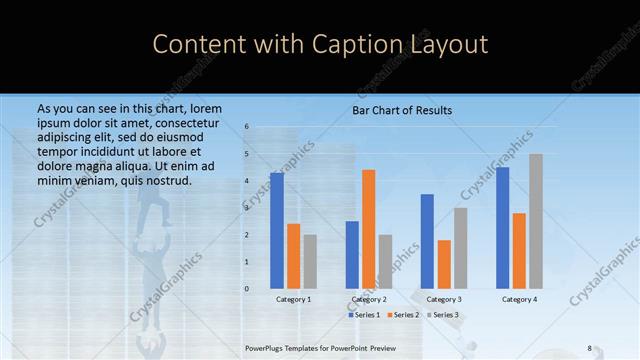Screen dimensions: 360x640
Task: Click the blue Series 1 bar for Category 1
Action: pos(276,231)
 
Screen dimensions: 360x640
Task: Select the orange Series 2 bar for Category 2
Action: pos(368,229)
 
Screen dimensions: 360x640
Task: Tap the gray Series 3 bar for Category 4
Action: pos(536,221)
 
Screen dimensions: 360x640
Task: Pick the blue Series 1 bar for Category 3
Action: pos(427,241)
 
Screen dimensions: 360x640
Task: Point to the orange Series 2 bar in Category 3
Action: pos(444,264)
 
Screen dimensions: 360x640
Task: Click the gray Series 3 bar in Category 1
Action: pos(310,261)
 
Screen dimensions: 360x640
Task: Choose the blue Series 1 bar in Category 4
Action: pos(502,228)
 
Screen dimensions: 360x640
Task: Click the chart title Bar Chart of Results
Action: pos(402,110)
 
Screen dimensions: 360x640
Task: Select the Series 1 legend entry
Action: pos(364,315)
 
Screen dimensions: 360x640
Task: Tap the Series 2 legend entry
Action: pos(403,315)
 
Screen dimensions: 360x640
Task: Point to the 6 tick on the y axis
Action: pos(246,128)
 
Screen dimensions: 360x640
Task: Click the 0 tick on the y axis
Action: pos(246,289)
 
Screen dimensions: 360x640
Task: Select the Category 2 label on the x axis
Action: pos(369,299)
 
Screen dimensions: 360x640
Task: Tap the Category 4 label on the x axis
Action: pos(519,299)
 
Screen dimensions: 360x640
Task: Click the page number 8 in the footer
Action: pos(589,348)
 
